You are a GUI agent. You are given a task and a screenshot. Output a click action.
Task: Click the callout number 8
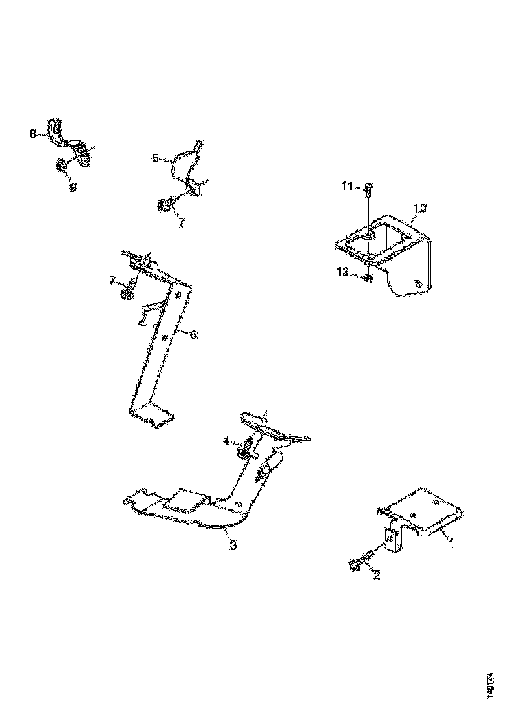33,134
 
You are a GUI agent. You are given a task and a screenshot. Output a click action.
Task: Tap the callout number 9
73,186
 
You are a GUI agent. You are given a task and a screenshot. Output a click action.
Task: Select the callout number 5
155,157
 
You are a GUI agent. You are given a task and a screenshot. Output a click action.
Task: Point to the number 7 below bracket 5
181,222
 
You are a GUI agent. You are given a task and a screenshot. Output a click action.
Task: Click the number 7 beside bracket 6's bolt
112,281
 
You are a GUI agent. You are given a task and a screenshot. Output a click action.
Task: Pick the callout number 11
346,187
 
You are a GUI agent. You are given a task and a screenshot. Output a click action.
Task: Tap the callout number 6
193,335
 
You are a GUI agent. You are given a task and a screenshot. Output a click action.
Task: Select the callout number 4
226,441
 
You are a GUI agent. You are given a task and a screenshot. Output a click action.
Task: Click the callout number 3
233,546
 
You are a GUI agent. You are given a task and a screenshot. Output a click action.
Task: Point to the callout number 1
452,544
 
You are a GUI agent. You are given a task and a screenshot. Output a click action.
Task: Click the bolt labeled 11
367,191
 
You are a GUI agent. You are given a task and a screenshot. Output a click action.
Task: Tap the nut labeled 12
367,279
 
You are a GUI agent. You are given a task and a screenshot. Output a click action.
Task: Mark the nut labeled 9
61,166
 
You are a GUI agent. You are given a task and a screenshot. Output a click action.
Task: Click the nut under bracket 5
164,206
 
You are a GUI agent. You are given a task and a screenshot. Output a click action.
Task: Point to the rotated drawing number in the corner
492,683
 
